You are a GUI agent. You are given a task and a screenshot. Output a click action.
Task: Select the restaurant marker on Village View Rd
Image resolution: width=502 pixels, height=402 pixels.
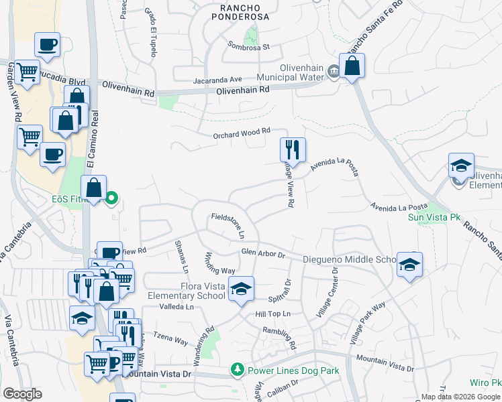293,149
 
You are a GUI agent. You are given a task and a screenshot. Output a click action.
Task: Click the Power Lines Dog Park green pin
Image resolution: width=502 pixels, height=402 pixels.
236,369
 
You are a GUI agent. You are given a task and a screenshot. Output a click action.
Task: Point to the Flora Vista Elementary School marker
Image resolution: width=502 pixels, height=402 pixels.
242,288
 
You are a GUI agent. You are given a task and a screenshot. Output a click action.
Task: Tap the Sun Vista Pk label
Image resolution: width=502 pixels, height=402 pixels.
435,217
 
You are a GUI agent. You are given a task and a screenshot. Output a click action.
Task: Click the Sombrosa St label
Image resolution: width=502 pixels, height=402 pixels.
248,47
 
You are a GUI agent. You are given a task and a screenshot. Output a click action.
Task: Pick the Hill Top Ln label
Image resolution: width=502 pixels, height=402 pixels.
272,313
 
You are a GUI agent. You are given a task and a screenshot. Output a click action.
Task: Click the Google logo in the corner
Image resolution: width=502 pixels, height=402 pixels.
22,394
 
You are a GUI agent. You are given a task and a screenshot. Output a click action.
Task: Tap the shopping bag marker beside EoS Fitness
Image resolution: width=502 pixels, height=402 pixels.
94,188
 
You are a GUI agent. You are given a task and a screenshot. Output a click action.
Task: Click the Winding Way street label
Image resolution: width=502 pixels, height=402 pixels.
219,263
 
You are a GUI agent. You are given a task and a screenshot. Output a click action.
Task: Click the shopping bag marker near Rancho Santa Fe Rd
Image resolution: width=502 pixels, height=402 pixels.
352,65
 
